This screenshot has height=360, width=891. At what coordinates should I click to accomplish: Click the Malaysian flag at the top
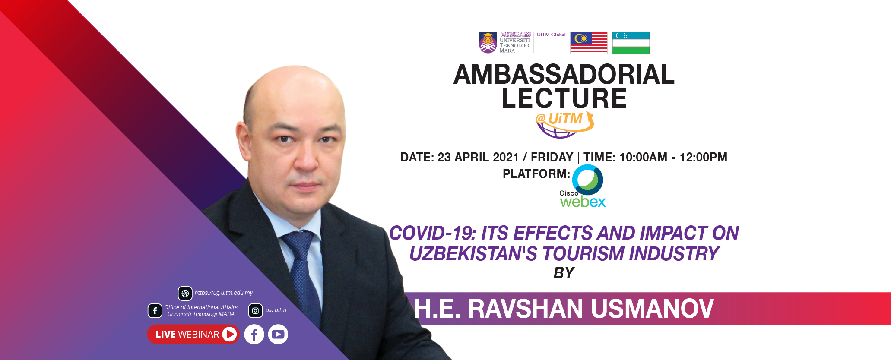[x=589, y=43]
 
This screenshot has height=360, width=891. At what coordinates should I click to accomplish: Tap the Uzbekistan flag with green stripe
[x=631, y=43]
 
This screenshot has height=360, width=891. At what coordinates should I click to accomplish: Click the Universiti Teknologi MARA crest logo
[x=488, y=43]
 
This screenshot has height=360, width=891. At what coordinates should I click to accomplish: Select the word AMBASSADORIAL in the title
[x=564, y=74]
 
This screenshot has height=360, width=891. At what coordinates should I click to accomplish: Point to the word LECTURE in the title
[x=564, y=98]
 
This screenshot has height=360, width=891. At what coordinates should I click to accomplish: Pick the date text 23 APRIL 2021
[x=478, y=157]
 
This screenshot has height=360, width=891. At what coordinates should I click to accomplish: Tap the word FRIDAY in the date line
[x=552, y=157]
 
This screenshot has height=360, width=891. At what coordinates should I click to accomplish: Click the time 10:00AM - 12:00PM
[x=673, y=157]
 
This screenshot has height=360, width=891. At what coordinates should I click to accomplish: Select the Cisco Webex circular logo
[x=587, y=180]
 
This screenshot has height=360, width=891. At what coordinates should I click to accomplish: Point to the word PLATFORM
[x=536, y=174]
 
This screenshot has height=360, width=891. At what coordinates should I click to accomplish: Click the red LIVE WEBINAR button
[x=193, y=334]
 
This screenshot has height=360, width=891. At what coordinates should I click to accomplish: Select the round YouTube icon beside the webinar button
[x=278, y=334]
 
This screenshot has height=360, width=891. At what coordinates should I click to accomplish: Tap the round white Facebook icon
[x=254, y=334]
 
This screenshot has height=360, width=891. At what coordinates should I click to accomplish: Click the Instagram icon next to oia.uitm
[x=255, y=310]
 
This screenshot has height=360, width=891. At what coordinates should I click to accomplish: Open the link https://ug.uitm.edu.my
[x=224, y=293]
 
